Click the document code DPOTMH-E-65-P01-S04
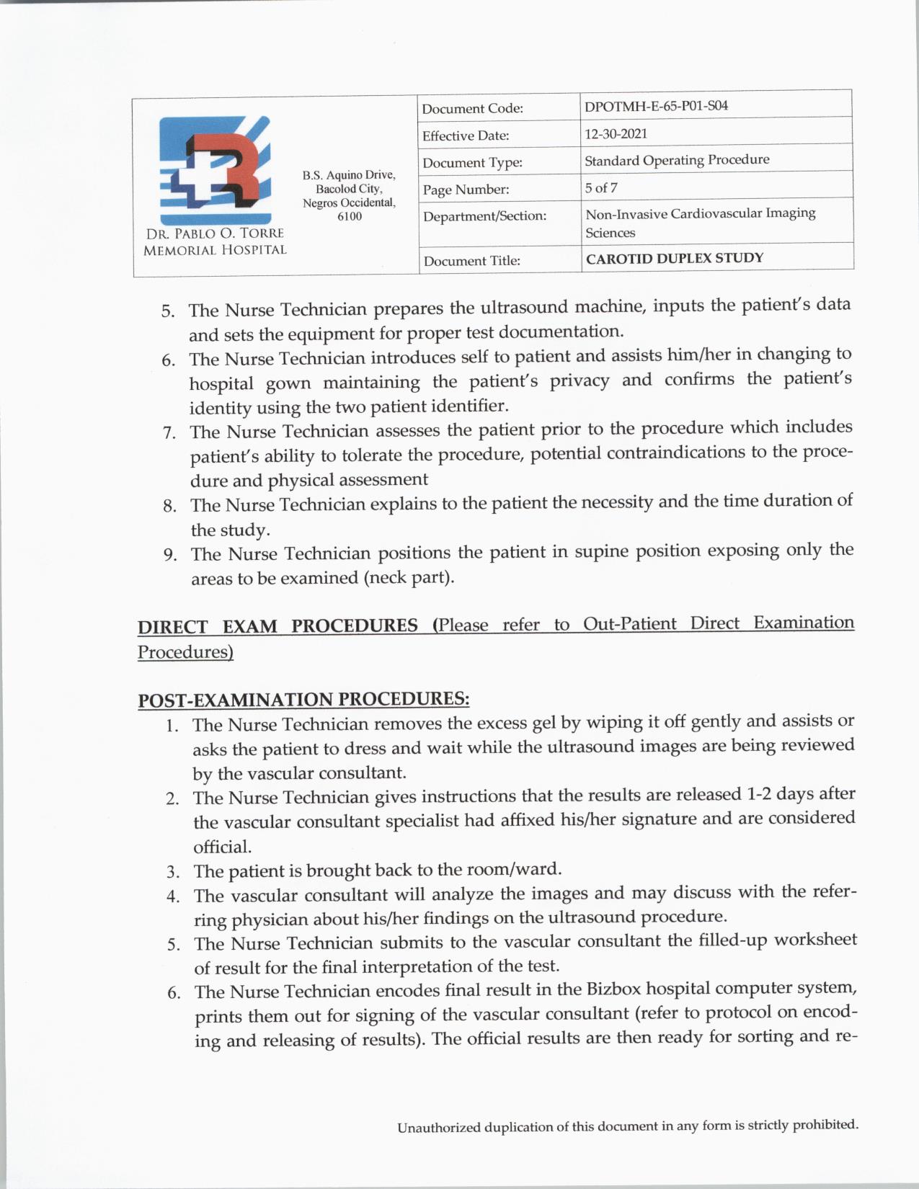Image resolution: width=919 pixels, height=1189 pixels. coord(656,106)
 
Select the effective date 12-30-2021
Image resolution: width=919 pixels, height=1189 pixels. coord(616,133)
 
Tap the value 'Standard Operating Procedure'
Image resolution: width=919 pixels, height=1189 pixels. coord(676,160)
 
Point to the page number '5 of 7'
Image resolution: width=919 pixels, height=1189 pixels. coord(600,188)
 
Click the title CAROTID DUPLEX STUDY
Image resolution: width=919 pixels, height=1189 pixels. coord(674,258)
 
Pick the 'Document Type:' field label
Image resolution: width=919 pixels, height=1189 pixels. coord(472,163)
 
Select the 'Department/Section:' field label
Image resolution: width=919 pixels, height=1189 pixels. coord(484,216)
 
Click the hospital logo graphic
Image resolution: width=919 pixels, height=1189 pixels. coord(215,169)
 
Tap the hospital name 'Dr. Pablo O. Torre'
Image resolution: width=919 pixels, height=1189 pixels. coord(215,233)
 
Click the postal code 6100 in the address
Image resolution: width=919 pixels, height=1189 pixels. coord(350,216)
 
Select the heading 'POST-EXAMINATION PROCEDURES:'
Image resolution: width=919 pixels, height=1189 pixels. coord(303,700)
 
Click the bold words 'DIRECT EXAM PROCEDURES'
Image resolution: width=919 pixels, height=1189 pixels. coord(278,625)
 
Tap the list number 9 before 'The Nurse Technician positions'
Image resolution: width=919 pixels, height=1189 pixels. coord(169,556)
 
